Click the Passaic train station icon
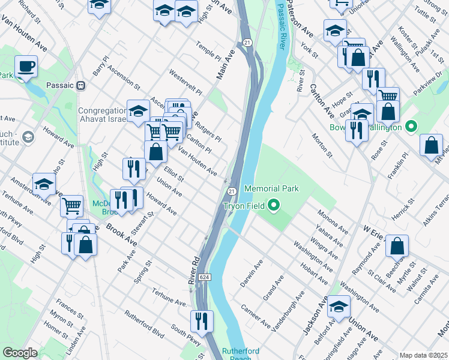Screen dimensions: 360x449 pos(80,85)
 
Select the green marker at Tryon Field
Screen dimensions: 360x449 pos(274,206)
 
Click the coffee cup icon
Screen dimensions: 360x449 pos(26,66)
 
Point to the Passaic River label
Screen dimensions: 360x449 pos(281,27)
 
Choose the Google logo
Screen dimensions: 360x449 pos(20,353)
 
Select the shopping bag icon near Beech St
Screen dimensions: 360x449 pos(397,246)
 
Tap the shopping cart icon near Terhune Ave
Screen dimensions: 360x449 pos(71,206)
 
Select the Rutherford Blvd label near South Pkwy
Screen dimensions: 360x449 pos(144,323)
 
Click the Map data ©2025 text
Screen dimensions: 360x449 pos(423,355)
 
